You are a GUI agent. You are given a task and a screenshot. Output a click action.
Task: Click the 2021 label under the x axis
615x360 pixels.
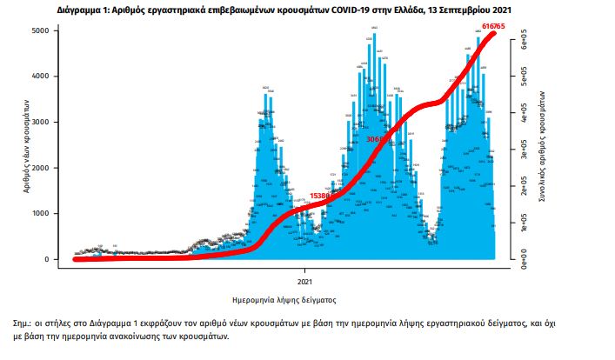coord(305,281)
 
